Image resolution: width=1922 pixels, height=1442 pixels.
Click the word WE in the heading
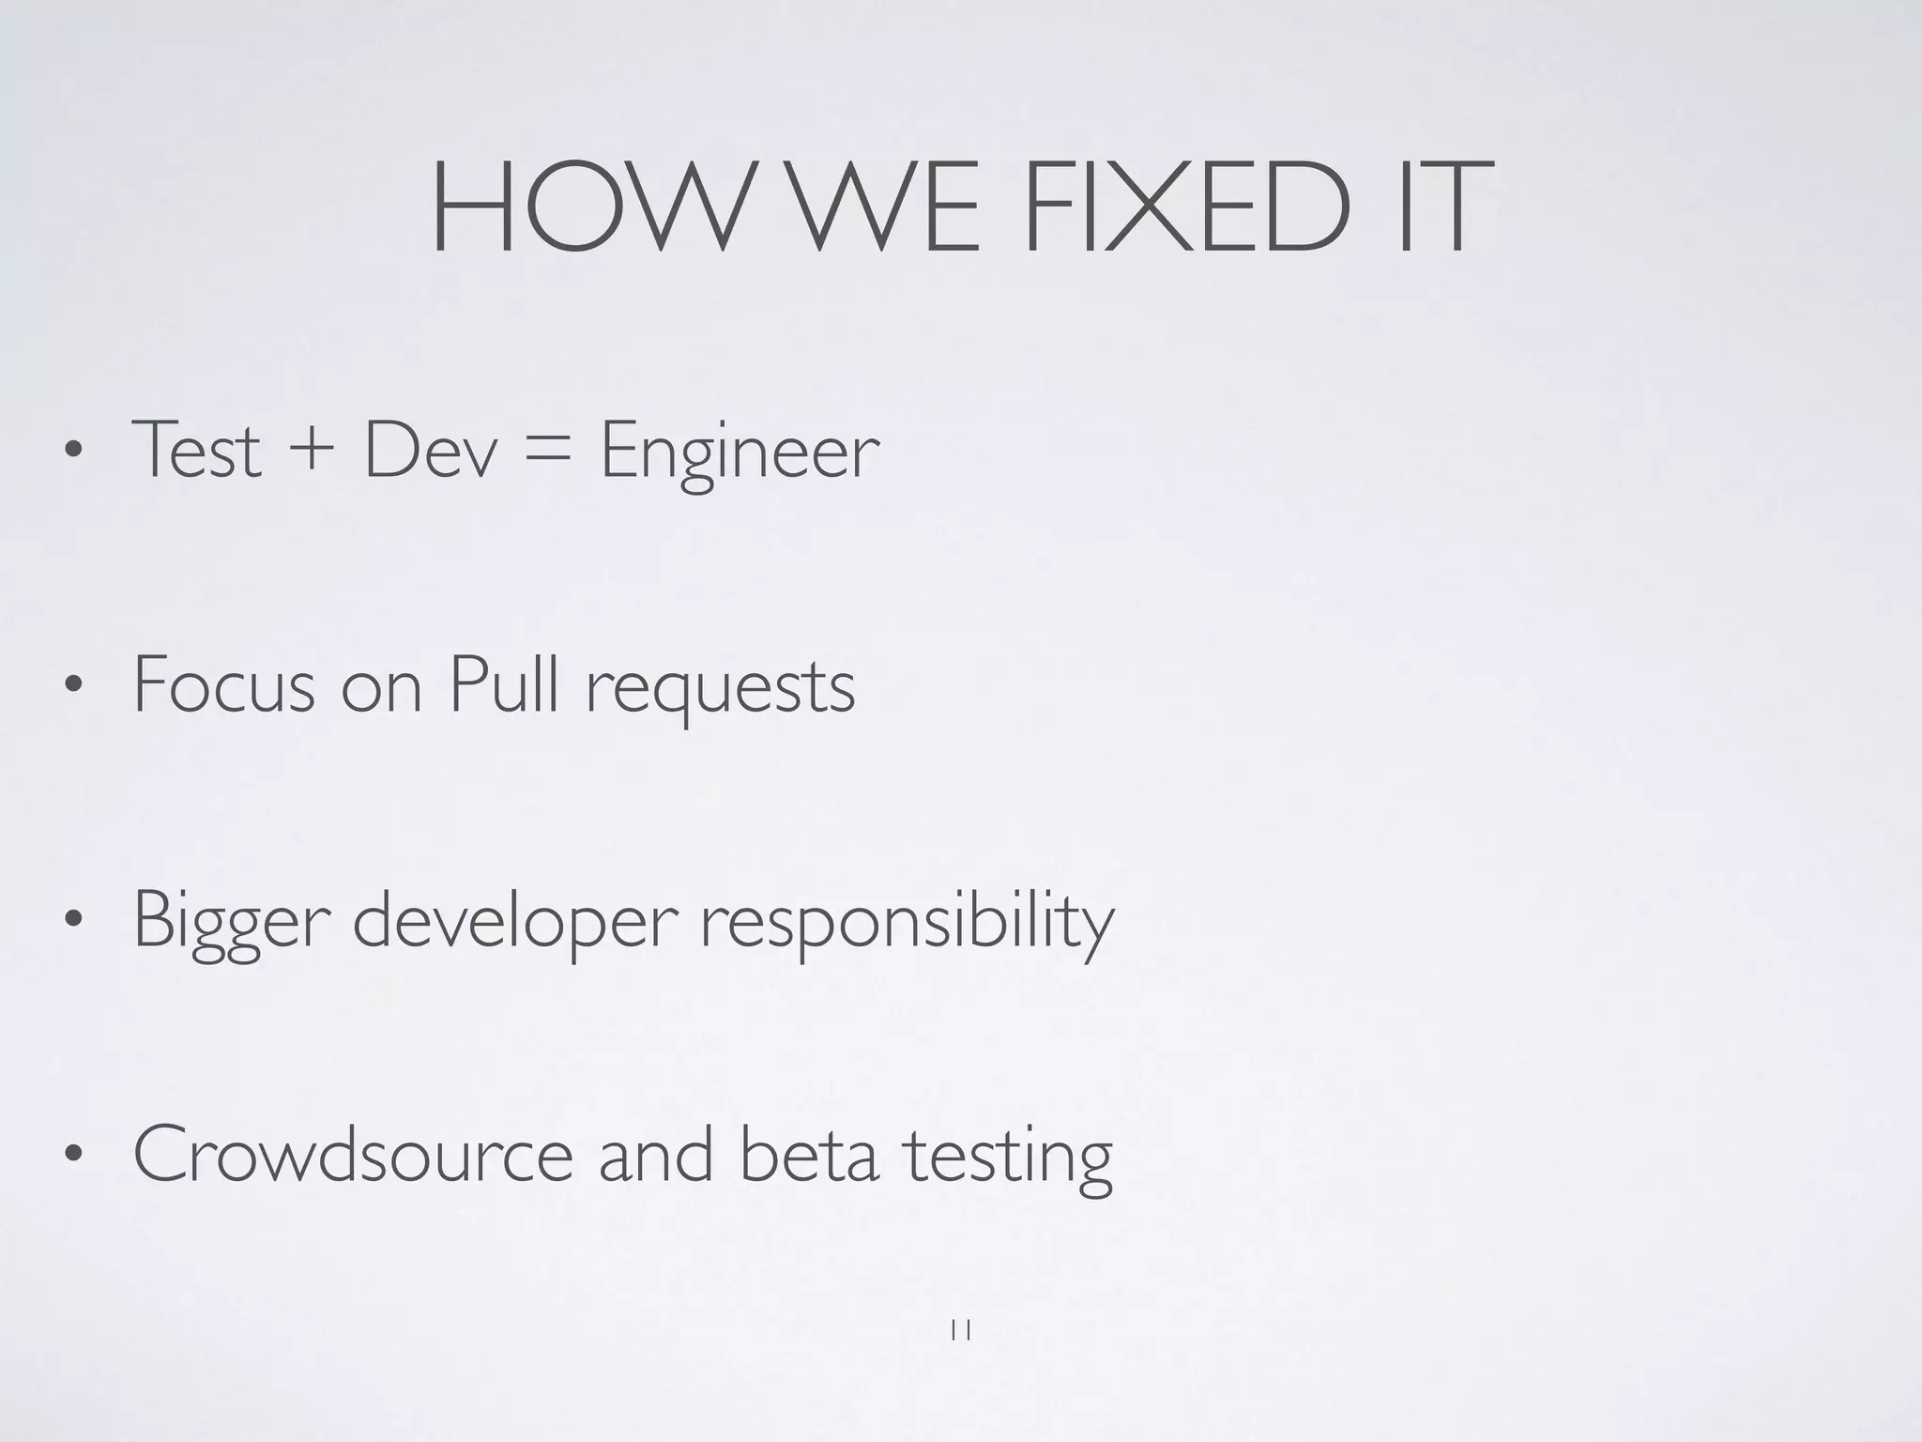pyautogui.click(x=877, y=208)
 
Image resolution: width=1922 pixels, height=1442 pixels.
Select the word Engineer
pyautogui.click(x=740, y=455)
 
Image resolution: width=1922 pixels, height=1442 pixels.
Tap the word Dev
pyautogui.click(x=430, y=451)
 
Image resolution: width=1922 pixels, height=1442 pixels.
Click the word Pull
pyautogui.click(x=505, y=683)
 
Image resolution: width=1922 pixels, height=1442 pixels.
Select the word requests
pyautogui.click(x=720, y=690)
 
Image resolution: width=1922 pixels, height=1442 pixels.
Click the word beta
pyautogui.click(x=809, y=1155)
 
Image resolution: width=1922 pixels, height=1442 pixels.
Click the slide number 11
pyautogui.click(x=960, y=1330)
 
